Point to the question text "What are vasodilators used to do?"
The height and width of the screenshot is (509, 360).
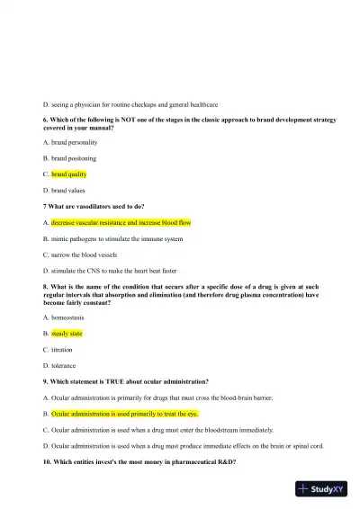94,206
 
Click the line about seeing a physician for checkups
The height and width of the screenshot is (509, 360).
130,104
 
